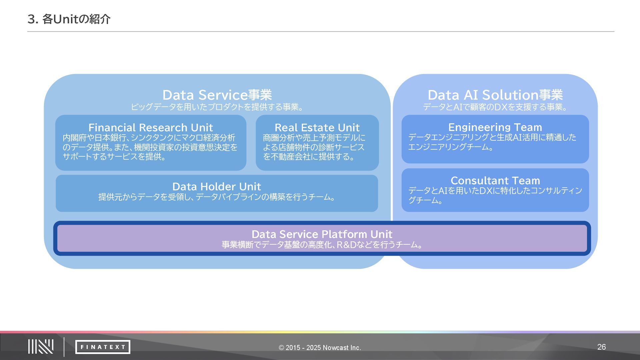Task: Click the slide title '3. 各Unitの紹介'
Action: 69,19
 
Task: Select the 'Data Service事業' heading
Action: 217,95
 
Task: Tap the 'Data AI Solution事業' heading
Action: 495,95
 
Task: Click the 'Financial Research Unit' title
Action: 150,127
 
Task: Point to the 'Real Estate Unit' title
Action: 317,127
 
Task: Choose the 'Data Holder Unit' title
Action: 217,186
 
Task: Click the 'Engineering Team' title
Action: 495,127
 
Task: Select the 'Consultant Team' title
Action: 495,180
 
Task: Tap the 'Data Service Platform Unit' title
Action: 322,234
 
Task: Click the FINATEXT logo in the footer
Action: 103,347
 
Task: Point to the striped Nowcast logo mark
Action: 41,347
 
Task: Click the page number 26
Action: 601,347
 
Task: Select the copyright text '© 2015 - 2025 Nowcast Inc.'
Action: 320,348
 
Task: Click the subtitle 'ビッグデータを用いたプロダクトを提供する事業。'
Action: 217,107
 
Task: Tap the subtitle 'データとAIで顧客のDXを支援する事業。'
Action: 495,107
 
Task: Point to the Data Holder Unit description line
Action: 217,197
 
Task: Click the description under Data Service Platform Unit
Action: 322,245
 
